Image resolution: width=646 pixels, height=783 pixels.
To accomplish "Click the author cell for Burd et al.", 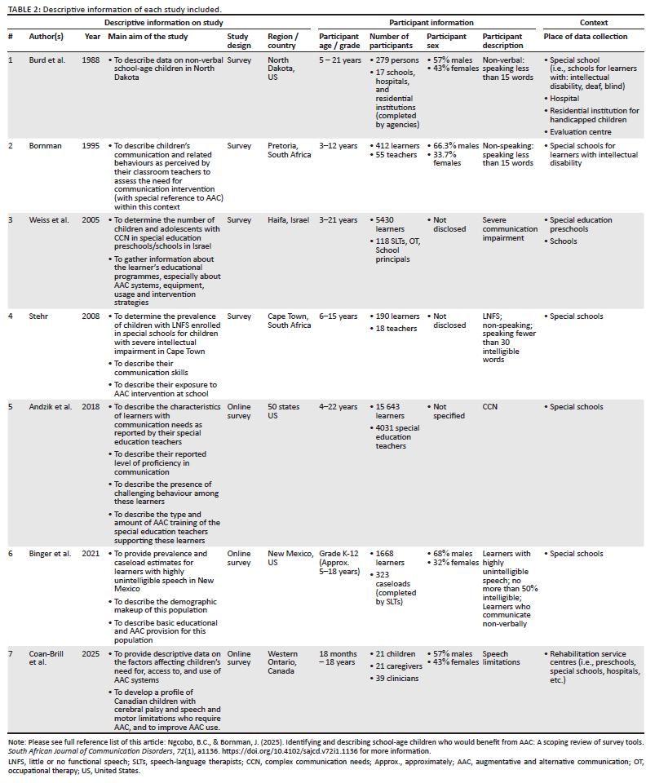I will coord(48,60).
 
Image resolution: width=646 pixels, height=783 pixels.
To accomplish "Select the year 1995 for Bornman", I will coord(91,145).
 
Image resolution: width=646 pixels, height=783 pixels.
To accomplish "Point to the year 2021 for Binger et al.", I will coord(91,553).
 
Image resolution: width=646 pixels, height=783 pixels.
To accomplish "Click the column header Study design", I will coord(237,41).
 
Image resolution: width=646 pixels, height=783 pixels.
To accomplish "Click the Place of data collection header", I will coord(586,37).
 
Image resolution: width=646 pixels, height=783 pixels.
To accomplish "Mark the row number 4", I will coord(11,316).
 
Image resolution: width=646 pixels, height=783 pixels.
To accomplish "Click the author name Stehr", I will coord(43,316).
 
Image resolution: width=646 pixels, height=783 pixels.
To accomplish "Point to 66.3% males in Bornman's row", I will coord(456,145).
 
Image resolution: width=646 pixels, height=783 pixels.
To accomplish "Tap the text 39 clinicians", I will coord(397,679).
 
